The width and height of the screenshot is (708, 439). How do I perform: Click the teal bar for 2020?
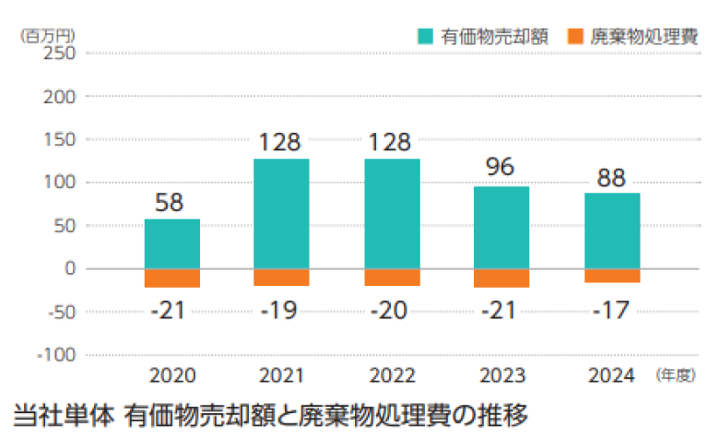(x=172, y=243)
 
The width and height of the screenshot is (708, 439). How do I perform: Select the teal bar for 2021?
(x=282, y=214)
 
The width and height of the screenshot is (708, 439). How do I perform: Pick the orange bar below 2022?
(x=392, y=277)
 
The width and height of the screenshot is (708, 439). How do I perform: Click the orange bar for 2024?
(x=611, y=276)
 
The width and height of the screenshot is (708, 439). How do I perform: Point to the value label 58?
(x=172, y=203)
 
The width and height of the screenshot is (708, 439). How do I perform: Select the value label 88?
(x=611, y=176)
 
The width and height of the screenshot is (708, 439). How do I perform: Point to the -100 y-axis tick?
(x=56, y=355)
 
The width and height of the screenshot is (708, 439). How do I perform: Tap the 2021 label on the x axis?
(x=282, y=375)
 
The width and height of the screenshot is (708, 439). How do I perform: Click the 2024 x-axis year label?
(x=611, y=375)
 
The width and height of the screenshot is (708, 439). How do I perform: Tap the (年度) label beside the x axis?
(x=675, y=375)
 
